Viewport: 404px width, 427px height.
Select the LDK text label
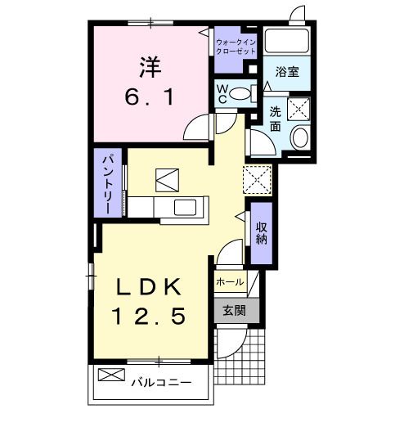coord(148,286)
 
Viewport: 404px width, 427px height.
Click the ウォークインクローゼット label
coord(235,45)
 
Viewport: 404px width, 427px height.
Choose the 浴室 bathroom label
coord(286,72)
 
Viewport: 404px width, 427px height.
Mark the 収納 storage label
coord(261,232)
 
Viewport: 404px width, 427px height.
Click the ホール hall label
coord(230,281)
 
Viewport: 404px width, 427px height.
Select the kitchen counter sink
coord(184,207)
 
